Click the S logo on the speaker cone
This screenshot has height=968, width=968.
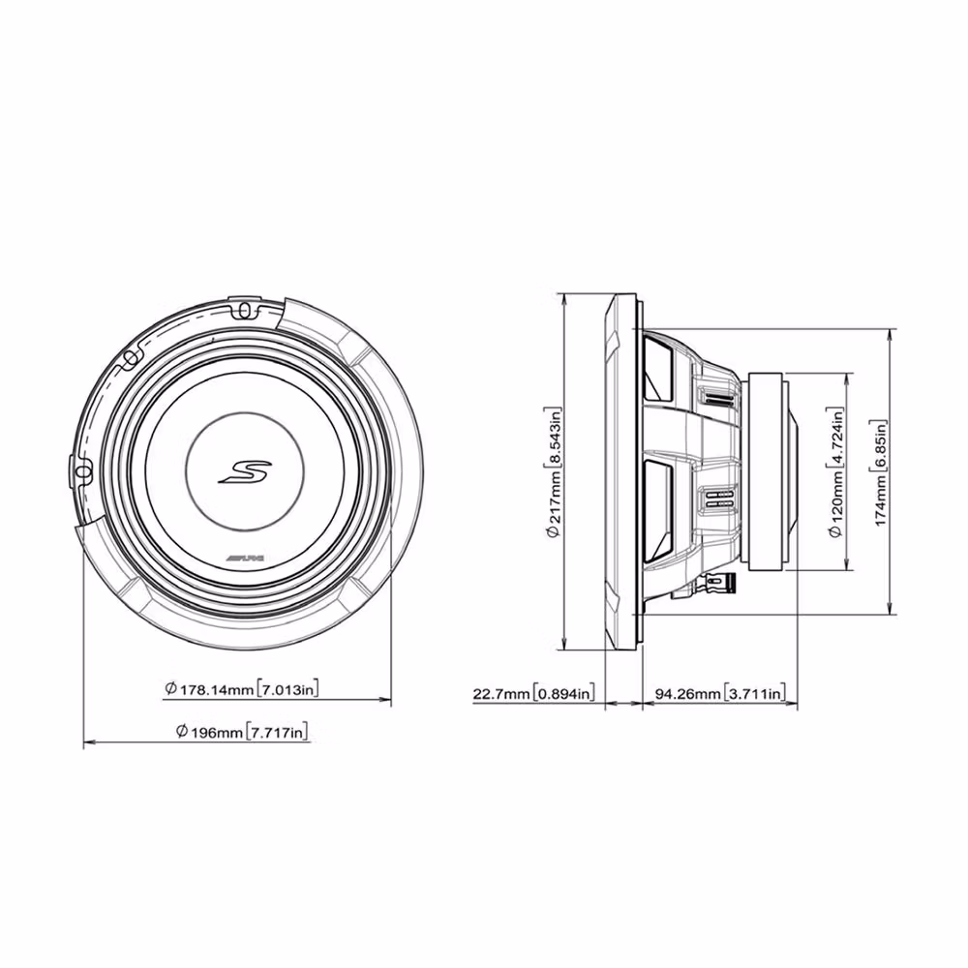click(245, 472)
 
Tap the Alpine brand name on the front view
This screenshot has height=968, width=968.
click(245, 559)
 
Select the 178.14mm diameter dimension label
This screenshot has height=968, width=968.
click(242, 688)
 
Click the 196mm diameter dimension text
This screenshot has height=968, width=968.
click(241, 732)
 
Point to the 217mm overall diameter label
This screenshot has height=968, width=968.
click(555, 473)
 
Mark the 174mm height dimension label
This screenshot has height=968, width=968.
click(879, 473)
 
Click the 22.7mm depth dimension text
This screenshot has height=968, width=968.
click(534, 693)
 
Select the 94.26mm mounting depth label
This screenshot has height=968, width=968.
click(720, 693)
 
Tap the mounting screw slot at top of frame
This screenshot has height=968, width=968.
click(245, 309)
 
